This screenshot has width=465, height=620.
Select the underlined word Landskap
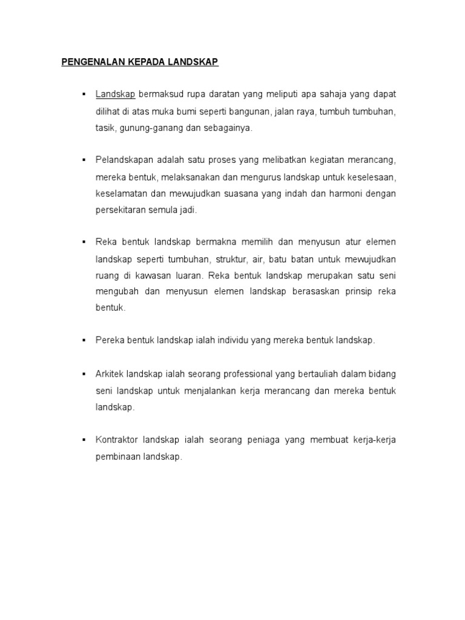[x=115, y=95]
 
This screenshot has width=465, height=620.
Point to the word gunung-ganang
[x=147, y=128]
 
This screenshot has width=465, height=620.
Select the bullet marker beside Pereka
[x=82, y=341]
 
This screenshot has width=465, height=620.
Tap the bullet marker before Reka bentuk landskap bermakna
[x=82, y=243]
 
